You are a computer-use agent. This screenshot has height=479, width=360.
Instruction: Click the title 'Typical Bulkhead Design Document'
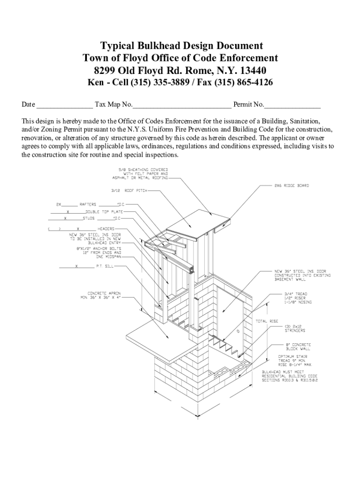[x=182, y=46]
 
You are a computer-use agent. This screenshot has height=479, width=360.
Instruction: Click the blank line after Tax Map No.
[x=182, y=104]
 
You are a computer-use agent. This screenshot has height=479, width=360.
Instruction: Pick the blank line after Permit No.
[x=293, y=104]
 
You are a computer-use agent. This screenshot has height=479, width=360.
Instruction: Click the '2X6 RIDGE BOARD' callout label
[x=291, y=185]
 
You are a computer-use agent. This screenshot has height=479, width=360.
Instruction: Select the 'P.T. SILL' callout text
[x=105, y=267]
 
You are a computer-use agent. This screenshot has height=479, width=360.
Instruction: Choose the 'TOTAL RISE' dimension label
[x=267, y=321]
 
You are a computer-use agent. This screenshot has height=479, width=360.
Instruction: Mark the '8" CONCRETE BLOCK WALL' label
[x=298, y=346]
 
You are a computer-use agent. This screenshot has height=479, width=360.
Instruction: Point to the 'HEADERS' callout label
[x=106, y=229]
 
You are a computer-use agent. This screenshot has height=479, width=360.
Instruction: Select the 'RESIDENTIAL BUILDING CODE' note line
[x=289, y=376]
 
